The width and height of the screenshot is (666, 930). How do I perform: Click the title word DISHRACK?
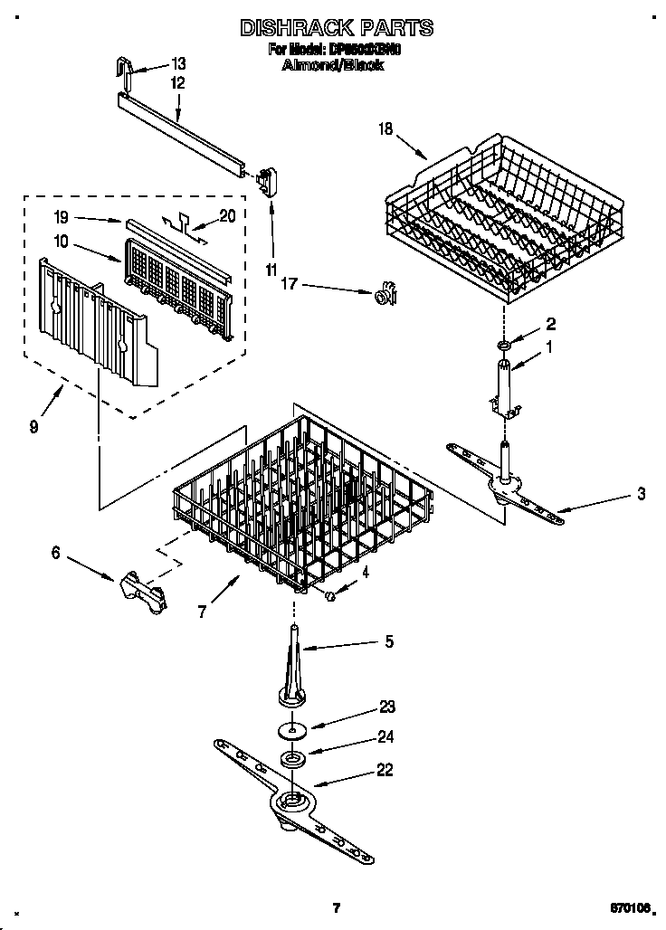click(x=288, y=28)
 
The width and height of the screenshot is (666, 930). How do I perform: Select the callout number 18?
click(x=385, y=130)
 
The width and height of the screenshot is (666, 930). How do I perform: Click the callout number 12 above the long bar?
click(x=177, y=82)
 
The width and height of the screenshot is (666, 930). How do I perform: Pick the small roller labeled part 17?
click(x=386, y=293)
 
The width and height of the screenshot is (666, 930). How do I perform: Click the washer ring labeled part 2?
click(x=503, y=344)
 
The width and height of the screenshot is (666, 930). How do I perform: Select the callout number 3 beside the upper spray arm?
click(x=641, y=494)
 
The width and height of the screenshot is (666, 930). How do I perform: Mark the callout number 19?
click(x=62, y=217)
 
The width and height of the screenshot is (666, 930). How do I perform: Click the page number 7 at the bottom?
click(x=336, y=907)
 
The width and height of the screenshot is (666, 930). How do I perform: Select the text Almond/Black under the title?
click(x=333, y=65)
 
